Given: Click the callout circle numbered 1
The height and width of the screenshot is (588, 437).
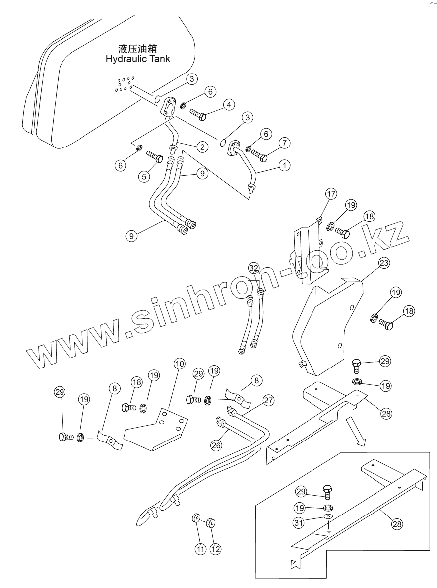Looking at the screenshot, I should click(284, 166).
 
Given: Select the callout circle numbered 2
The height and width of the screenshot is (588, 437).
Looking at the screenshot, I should click(201, 147).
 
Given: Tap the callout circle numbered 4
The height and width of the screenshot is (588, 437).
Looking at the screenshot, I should click(229, 105).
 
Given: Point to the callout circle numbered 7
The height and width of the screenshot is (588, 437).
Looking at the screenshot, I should click(283, 143).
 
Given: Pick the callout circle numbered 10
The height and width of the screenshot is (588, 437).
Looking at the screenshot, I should click(180, 364).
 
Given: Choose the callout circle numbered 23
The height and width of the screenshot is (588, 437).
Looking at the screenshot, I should click(384, 264).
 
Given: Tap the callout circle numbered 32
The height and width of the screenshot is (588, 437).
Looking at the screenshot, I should click(254, 268).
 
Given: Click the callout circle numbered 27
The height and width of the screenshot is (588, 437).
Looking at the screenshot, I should click(268, 400).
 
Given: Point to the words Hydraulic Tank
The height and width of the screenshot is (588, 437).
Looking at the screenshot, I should click(137, 59).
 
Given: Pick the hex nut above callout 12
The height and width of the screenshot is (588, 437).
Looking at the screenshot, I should click(210, 522).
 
